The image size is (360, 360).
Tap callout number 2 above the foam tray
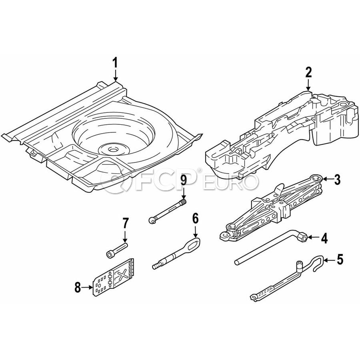point(308,72)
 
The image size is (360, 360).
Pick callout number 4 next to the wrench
point(324,239)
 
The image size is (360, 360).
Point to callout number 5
point(340,260)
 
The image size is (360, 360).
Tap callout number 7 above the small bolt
point(125,222)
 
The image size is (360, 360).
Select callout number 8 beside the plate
point(78,286)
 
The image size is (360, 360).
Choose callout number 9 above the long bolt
point(184,180)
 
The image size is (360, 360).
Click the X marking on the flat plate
point(122,274)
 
